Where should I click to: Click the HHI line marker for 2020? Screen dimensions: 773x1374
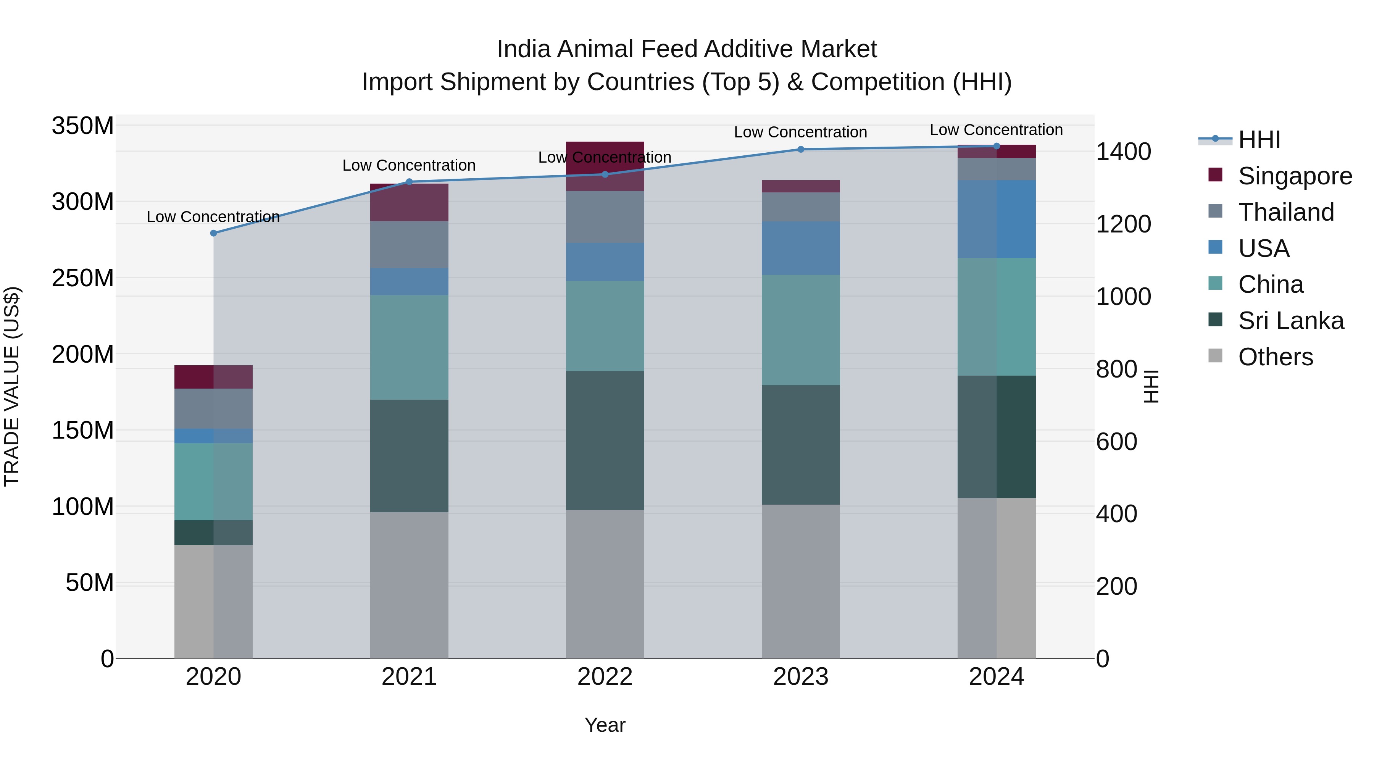coord(213,233)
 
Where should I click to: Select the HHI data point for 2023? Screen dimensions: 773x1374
coord(801,149)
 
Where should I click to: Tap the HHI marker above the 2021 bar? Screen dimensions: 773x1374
coord(409,181)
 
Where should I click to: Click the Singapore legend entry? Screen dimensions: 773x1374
coord(1295,176)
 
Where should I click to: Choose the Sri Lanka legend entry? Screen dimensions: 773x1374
coord(1290,321)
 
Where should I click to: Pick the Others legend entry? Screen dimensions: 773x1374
coord(1275,357)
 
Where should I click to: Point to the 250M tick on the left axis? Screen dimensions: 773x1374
coord(83,278)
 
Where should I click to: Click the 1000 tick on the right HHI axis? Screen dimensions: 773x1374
coord(1123,297)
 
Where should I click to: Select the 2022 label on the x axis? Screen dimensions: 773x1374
coord(605,677)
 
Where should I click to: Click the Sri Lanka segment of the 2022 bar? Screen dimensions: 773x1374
coord(605,440)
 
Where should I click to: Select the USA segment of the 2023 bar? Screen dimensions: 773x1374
coord(801,248)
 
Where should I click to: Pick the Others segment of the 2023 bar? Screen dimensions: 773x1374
coord(801,581)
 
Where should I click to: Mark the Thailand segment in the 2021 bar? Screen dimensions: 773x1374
coord(409,244)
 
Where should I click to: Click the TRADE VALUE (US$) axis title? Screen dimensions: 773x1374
coord(12,386)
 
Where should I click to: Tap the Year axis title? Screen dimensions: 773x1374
coord(605,725)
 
